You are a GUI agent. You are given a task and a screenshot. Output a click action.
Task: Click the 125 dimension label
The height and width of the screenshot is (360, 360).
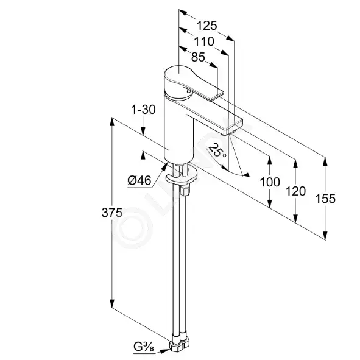[x=207, y=26]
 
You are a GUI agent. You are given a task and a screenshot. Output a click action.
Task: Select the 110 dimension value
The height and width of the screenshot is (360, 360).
[x=204, y=42]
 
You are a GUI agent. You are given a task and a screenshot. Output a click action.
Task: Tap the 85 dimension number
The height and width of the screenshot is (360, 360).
[x=198, y=57]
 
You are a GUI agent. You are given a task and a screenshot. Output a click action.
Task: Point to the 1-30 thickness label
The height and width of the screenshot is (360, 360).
[x=143, y=110]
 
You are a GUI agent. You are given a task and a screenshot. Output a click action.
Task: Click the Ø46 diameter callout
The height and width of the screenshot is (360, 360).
[x=139, y=180]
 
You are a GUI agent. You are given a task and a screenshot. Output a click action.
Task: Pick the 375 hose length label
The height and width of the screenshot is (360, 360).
[x=112, y=213]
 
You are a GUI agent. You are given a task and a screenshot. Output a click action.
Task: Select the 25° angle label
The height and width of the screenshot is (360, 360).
[x=216, y=150]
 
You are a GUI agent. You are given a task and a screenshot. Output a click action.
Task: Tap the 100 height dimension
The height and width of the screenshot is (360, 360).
[x=270, y=182]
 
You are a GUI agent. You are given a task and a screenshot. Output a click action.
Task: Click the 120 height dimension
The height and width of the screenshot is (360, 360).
[x=295, y=191]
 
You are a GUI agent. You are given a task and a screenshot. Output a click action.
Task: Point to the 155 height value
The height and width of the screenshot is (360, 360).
[x=325, y=199]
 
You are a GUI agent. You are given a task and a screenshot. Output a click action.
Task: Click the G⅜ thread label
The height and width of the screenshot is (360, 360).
[x=144, y=347]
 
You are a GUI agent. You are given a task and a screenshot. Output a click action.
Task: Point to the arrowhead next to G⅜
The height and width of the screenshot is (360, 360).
[x=165, y=351]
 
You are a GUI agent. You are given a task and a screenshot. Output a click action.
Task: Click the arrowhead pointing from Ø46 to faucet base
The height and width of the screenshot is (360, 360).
[x=164, y=166]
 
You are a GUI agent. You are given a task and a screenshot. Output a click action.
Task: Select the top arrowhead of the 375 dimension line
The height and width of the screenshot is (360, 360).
[x=112, y=122]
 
